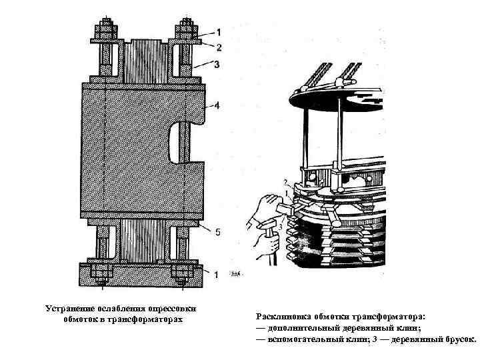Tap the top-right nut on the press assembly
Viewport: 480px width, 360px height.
point(185,31)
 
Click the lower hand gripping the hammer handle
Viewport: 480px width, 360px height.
point(264,241)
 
